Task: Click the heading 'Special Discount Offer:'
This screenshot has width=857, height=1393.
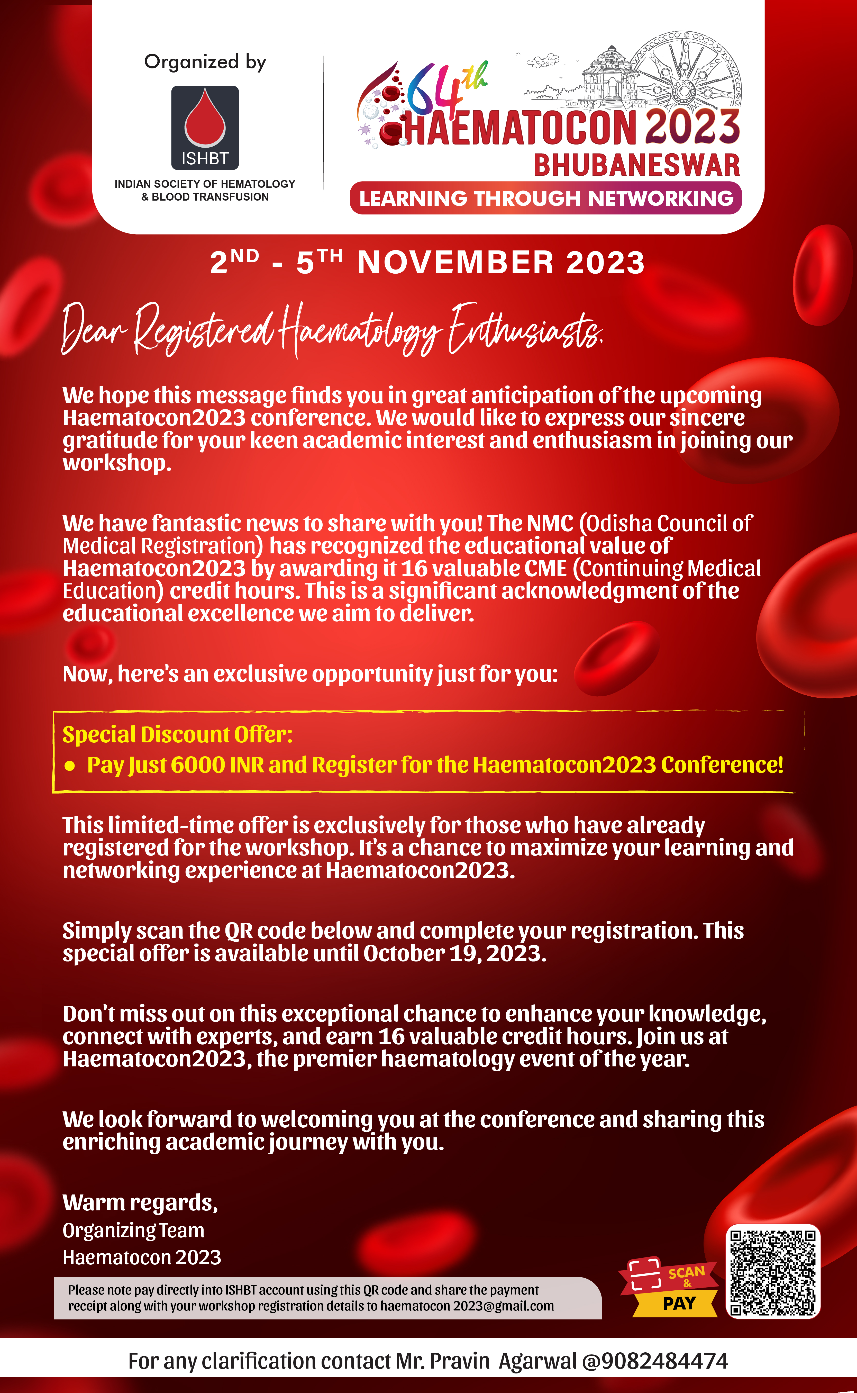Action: click(x=177, y=735)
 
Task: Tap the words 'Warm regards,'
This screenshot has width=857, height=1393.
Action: click(x=140, y=1202)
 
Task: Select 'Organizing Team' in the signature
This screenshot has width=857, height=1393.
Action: click(x=133, y=1230)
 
